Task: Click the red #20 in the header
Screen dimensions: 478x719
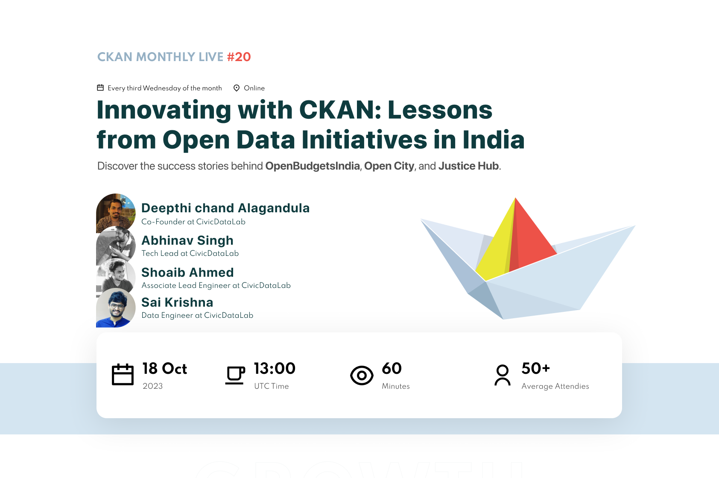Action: pyautogui.click(x=239, y=57)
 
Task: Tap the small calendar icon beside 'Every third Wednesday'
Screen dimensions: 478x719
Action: pyautogui.click(x=100, y=88)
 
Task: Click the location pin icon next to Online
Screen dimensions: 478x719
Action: pyautogui.click(x=237, y=88)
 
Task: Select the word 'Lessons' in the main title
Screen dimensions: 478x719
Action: pyautogui.click(x=440, y=110)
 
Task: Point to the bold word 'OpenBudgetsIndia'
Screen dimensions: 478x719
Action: pyautogui.click(x=313, y=166)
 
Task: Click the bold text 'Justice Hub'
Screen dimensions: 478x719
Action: pyautogui.click(x=468, y=166)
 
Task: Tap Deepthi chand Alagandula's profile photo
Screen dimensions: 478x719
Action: pyautogui.click(x=116, y=212)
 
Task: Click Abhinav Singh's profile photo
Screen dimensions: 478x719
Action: pyautogui.click(x=116, y=245)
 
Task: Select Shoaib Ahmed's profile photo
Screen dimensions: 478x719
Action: pyautogui.click(x=116, y=276)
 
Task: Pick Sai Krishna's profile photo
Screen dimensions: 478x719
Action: pyautogui.click(x=116, y=308)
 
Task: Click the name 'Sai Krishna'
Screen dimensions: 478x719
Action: pyautogui.click(x=177, y=302)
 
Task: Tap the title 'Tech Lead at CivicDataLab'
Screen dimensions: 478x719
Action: pyautogui.click(x=190, y=253)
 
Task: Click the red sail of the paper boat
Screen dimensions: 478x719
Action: pyautogui.click(x=532, y=239)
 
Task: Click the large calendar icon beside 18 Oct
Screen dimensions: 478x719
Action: pyautogui.click(x=123, y=375)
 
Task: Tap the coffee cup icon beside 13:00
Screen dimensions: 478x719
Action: pyautogui.click(x=235, y=375)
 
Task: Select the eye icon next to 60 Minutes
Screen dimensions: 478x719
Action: pyautogui.click(x=362, y=375)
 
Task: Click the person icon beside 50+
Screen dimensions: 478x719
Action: pyautogui.click(x=503, y=375)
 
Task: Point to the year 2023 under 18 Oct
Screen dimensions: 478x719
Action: pyautogui.click(x=153, y=386)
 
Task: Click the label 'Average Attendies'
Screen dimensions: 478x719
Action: pyautogui.click(x=555, y=386)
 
